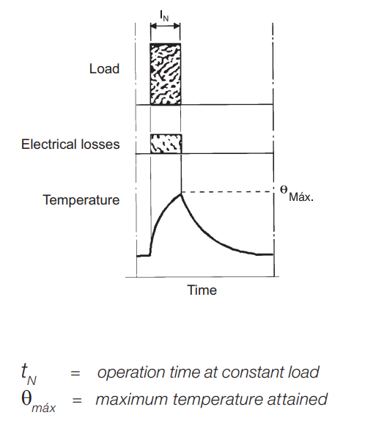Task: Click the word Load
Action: (x=104, y=69)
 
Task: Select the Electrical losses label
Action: (x=70, y=144)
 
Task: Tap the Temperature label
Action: (x=81, y=200)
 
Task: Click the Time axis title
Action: (x=202, y=290)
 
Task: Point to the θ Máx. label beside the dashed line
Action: (x=297, y=194)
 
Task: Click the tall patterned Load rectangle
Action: (x=166, y=74)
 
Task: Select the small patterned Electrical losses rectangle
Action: (x=166, y=144)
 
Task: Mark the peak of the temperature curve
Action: (x=180, y=194)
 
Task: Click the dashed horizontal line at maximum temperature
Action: (x=228, y=192)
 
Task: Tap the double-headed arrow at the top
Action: (x=165, y=26)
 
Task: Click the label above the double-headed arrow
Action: (x=165, y=16)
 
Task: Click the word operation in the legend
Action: (x=131, y=372)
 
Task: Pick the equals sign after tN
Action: (x=75, y=373)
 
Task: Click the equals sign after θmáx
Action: (x=77, y=400)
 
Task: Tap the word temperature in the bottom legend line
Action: (x=218, y=400)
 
